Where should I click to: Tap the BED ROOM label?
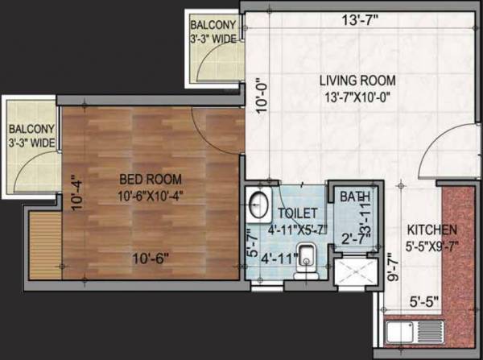pos(151,179)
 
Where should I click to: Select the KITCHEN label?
pos(432,229)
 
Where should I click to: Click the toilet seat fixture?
pos(305,267)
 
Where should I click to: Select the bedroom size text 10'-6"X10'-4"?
pos(151,196)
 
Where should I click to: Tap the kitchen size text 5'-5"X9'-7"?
pos(432,246)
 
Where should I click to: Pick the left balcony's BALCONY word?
pos(31,129)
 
